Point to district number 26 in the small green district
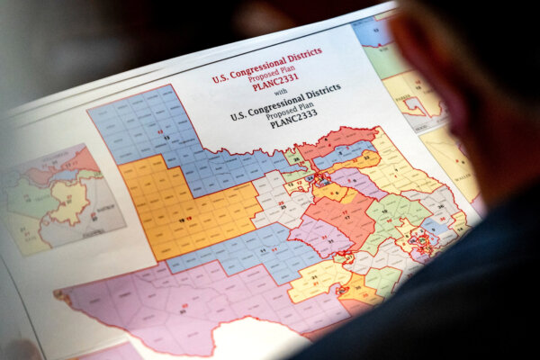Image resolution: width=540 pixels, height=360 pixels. [x=298, y=159]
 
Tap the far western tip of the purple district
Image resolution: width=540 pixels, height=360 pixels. [x=58, y=293]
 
